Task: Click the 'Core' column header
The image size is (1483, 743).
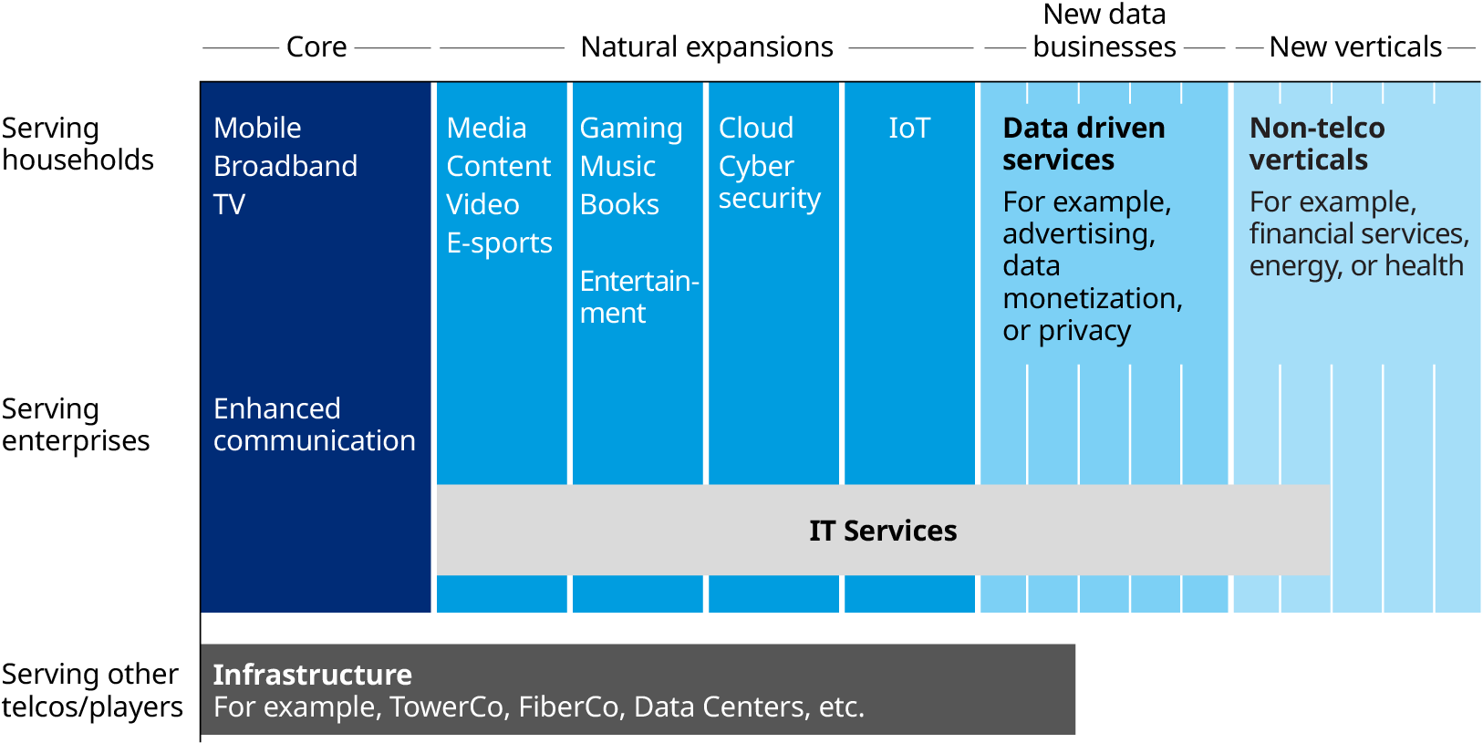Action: click(x=316, y=46)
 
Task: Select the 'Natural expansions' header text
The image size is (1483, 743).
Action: click(x=707, y=46)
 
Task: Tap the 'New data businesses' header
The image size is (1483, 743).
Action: click(x=1104, y=31)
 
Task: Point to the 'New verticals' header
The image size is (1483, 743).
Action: click(x=1355, y=46)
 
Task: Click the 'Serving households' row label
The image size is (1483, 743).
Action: click(x=78, y=144)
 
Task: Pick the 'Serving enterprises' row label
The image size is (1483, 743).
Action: click(x=76, y=425)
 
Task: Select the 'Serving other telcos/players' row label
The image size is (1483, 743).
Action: click(x=91, y=690)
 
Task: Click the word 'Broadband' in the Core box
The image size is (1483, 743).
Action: click(x=285, y=166)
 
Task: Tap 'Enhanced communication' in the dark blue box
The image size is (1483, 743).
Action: click(x=314, y=425)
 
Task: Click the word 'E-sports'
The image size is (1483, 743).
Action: click(x=499, y=243)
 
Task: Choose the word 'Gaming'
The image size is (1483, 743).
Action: click(x=631, y=129)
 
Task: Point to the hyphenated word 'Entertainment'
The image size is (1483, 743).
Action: click(x=638, y=296)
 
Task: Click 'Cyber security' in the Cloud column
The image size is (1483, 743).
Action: click(x=769, y=182)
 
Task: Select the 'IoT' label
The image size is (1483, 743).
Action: click(x=909, y=128)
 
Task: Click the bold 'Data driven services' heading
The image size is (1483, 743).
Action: click(x=1084, y=144)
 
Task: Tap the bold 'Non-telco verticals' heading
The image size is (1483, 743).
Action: click(x=1316, y=144)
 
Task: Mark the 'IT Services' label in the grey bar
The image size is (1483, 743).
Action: click(x=883, y=531)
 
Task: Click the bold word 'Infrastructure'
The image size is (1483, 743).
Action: click(x=312, y=675)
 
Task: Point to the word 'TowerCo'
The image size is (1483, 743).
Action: click(x=446, y=707)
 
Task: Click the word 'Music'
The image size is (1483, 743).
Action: click(x=617, y=166)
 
